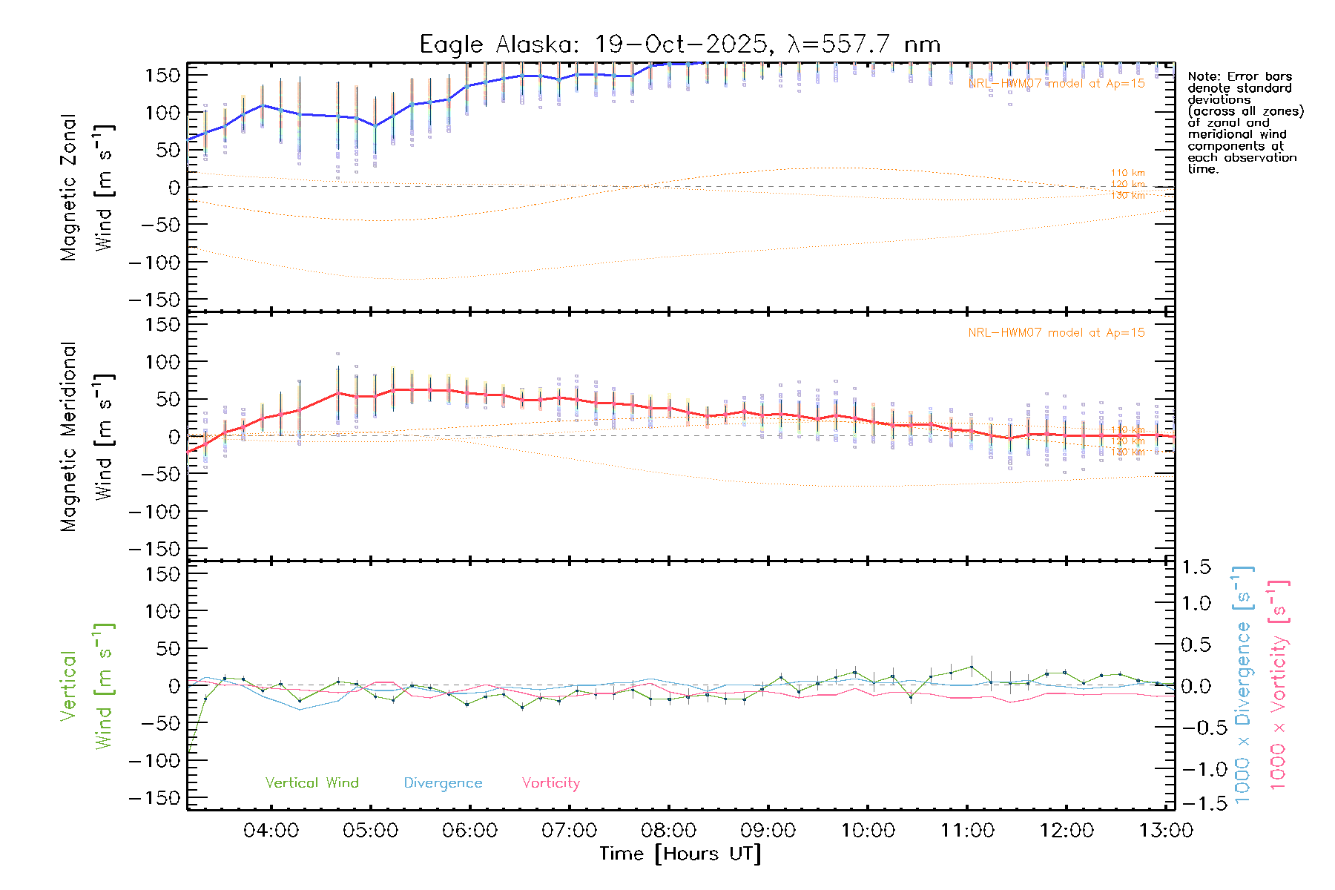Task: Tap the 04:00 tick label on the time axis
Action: [271, 831]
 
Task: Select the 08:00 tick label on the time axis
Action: [668, 831]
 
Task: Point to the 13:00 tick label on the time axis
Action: [1165, 831]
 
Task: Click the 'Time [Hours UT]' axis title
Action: [680, 854]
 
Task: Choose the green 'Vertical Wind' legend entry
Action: [311, 783]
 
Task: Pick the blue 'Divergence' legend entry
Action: [443, 783]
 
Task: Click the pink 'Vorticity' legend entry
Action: [550, 783]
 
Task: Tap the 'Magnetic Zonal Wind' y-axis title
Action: [87, 187]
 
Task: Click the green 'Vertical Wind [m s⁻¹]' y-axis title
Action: [87, 685]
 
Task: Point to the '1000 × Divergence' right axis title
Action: [1243, 685]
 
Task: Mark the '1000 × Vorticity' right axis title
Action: [1278, 685]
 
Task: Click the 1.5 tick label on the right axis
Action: [1196, 567]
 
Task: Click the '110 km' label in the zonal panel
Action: [1127, 173]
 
